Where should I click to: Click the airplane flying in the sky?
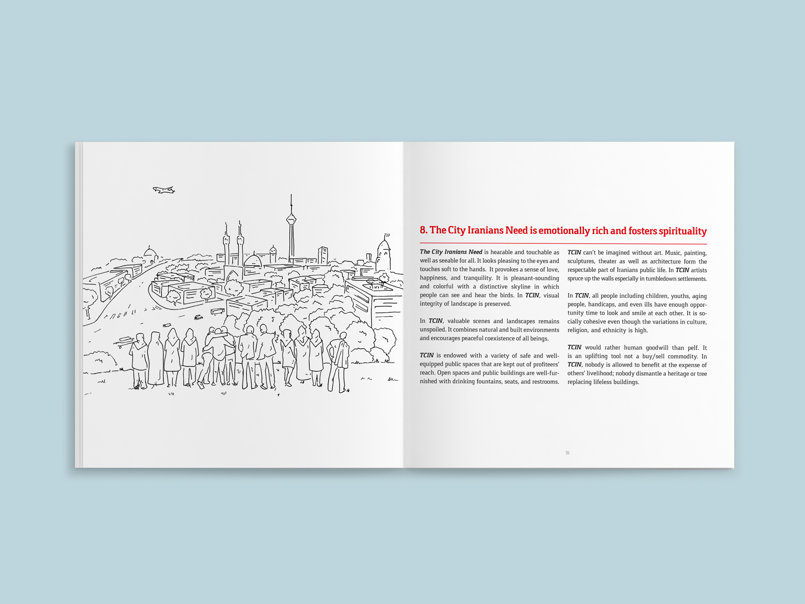point(164,190)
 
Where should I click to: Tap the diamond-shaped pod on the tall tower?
point(291,219)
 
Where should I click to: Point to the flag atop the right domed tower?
point(387,235)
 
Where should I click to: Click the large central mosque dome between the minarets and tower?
point(253,260)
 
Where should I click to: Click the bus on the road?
point(217,311)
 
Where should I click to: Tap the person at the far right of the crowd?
point(340,362)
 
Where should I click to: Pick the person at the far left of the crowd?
point(139,360)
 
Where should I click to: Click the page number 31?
point(567,453)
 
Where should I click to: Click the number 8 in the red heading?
point(423,231)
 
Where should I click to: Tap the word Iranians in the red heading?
point(485,231)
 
